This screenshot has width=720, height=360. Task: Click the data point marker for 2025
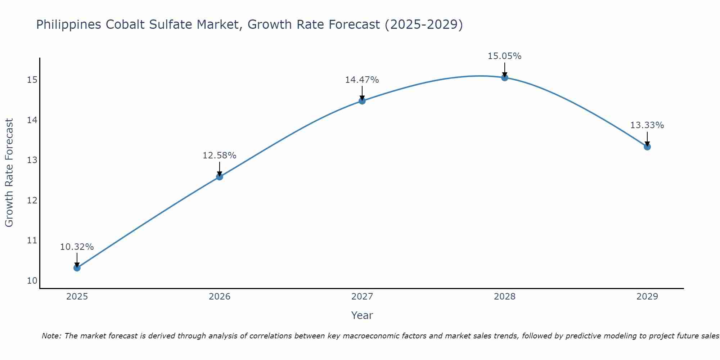click(x=77, y=268)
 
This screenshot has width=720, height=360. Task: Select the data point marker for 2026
click(x=220, y=177)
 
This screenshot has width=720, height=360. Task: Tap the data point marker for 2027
click(x=362, y=101)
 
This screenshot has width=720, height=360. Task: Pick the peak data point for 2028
click(x=505, y=77)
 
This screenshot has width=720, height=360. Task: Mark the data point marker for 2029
click(x=647, y=147)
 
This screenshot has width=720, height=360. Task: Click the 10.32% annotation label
click(x=77, y=247)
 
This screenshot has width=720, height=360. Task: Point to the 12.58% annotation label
click(x=220, y=156)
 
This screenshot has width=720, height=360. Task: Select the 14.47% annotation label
click(x=362, y=80)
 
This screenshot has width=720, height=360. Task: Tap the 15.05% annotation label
click(x=505, y=56)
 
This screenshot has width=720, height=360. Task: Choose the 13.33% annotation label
click(x=647, y=125)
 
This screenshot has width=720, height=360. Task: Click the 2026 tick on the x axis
click(x=220, y=297)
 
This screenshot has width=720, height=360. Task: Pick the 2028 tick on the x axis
click(x=505, y=297)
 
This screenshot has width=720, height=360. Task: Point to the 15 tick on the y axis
click(x=32, y=80)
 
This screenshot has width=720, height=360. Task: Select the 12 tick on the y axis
click(x=32, y=200)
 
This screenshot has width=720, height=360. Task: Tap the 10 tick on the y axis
click(x=32, y=281)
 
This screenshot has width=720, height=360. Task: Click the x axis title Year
click(x=362, y=315)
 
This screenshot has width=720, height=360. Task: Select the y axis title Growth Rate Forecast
click(x=9, y=173)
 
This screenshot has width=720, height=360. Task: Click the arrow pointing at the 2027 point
click(x=362, y=93)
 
